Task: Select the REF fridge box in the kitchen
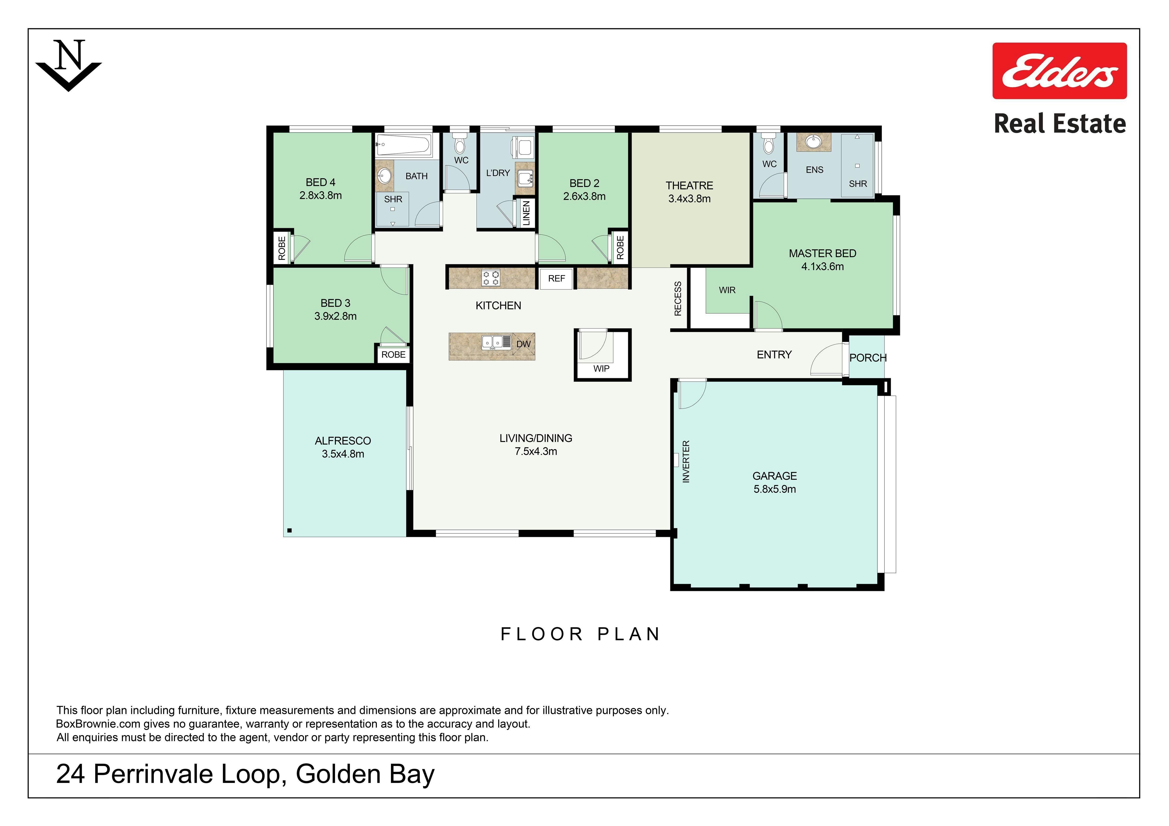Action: click(x=557, y=278)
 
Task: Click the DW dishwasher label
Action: click(x=523, y=344)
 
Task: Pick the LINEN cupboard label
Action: click(x=526, y=213)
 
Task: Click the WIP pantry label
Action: click(x=601, y=368)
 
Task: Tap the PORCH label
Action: click(x=868, y=358)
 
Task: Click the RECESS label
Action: click(x=678, y=299)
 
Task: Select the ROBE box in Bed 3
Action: click(x=394, y=355)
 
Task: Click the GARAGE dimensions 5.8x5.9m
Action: click(x=774, y=489)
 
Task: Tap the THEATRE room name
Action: click(x=689, y=186)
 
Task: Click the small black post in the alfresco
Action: click(x=290, y=530)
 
